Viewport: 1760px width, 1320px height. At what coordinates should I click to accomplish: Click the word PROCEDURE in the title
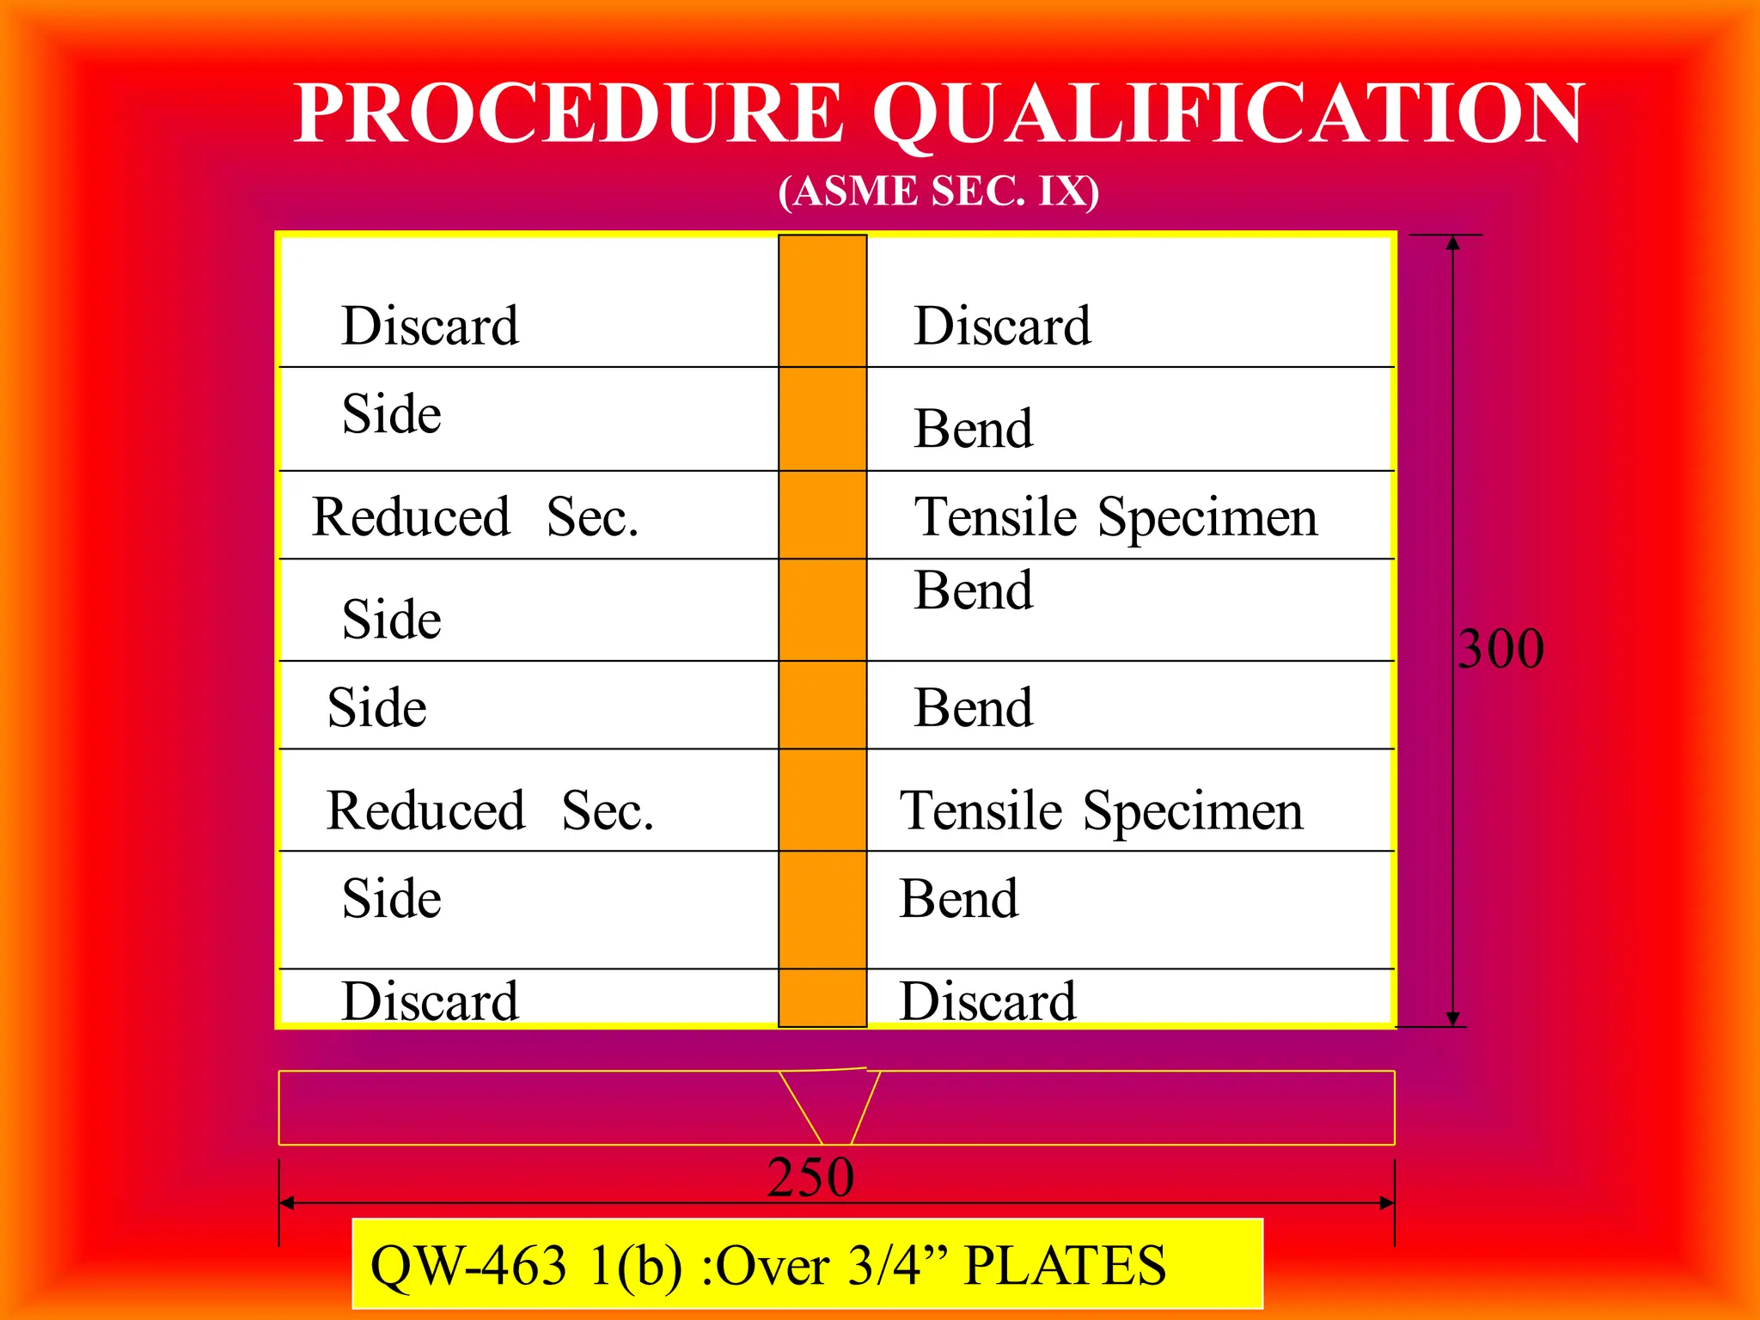coord(568,113)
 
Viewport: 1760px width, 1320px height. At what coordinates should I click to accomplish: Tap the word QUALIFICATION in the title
coord(1229,113)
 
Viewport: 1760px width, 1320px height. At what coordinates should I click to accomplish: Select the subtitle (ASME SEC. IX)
coord(938,191)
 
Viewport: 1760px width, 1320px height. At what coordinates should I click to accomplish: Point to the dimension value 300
coord(1501,649)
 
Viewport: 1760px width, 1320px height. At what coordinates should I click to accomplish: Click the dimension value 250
coord(810,1177)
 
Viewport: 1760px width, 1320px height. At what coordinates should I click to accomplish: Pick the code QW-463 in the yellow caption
coord(468,1266)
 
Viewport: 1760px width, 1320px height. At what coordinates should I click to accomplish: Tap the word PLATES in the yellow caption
coord(1065,1266)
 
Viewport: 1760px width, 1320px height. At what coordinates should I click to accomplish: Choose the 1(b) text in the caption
coord(636,1266)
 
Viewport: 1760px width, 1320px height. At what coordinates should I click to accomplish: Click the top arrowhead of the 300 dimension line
coord(1452,243)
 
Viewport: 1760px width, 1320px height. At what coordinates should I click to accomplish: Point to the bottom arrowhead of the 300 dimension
coord(1452,1018)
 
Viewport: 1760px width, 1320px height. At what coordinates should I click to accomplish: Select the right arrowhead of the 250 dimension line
coord(1386,1203)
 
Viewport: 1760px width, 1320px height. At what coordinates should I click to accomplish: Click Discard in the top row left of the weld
coord(430,327)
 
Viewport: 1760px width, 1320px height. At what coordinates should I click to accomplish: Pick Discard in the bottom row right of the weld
coord(987,1001)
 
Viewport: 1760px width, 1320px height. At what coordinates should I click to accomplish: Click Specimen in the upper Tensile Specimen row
coord(1207,518)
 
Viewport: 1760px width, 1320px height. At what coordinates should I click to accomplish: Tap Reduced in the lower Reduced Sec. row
coord(426,810)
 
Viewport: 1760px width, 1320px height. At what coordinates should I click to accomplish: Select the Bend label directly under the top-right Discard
coord(973,429)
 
